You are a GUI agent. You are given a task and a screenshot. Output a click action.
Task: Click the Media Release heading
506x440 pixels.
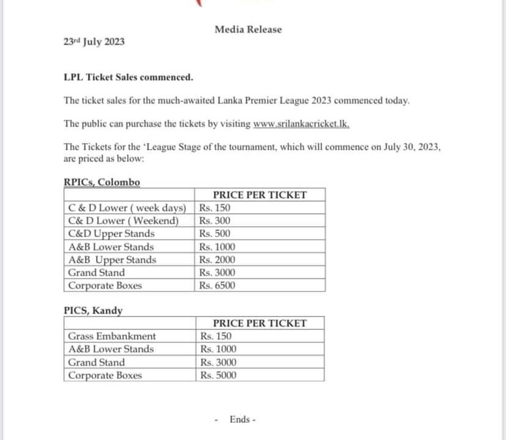[248, 29]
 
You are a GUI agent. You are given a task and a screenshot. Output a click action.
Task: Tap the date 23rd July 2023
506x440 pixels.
[94, 42]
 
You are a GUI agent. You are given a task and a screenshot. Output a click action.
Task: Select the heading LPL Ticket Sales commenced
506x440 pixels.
[128, 77]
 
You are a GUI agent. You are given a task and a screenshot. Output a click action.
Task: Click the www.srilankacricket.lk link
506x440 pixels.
[301, 123]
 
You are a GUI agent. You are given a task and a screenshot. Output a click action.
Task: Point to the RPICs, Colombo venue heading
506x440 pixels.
[101, 182]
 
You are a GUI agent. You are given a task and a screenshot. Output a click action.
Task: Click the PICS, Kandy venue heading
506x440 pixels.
[93, 310]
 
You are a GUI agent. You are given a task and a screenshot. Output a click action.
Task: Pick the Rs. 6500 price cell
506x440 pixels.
[217, 285]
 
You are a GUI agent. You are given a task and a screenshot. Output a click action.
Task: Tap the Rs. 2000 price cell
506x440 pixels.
[217, 260]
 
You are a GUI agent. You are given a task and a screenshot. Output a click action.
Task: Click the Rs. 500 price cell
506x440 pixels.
[215, 233]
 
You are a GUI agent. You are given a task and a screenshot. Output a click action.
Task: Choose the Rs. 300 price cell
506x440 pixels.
[215, 221]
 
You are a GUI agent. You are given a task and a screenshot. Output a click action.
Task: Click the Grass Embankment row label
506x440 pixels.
[112, 336]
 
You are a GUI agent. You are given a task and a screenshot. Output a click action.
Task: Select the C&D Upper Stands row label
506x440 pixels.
[111, 233]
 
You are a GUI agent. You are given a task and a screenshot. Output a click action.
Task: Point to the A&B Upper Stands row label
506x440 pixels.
[112, 260]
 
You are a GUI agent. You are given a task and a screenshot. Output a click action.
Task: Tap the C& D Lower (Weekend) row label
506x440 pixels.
[123, 221]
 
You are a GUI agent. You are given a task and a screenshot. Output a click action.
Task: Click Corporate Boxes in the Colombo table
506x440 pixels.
[105, 285]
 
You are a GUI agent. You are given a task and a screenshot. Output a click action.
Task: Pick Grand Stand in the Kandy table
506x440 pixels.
[96, 362]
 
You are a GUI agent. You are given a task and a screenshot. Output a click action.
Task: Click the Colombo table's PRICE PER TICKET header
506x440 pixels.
[260, 195]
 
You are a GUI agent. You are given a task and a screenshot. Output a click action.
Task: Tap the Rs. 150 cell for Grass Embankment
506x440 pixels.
[216, 336]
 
